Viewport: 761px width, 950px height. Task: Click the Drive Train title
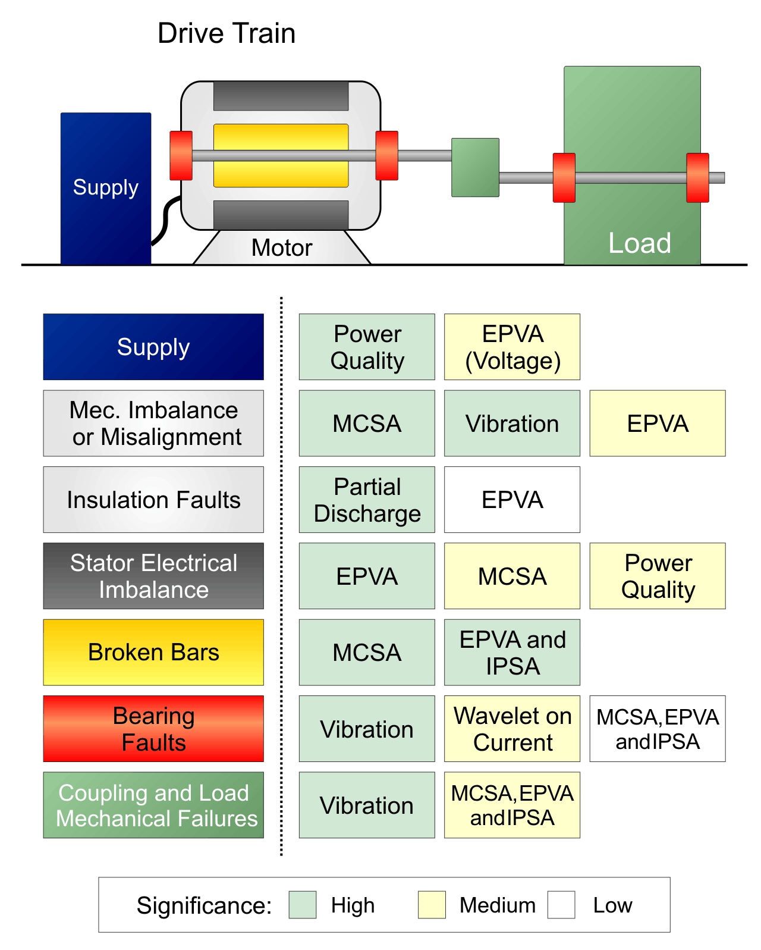[x=226, y=33]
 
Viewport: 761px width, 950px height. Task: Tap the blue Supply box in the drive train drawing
[x=105, y=188]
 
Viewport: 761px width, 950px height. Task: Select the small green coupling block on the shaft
[x=475, y=168]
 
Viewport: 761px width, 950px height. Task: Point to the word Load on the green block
[x=639, y=243]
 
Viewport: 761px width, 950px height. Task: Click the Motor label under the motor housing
[x=281, y=248]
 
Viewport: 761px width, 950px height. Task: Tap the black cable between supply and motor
[x=165, y=221]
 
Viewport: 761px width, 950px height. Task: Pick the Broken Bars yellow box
[x=153, y=653]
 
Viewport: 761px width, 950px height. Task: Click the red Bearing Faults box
[x=153, y=729]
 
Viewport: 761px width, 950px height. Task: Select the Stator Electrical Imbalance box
[x=153, y=576]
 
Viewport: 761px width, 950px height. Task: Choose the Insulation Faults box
[x=153, y=500]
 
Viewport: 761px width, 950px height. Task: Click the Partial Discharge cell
[x=367, y=500]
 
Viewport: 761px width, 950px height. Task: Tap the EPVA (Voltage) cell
[x=512, y=347]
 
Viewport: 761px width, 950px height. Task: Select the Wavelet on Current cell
[x=512, y=729]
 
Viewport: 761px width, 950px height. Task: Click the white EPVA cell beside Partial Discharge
[x=512, y=500]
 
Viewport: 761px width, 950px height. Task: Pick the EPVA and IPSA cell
[x=512, y=653]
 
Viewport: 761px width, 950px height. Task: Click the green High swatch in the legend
[x=302, y=905]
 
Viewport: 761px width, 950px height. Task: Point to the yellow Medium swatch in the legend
[x=432, y=905]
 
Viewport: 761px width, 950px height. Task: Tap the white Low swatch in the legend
[x=561, y=905]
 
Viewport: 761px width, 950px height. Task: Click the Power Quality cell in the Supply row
[x=367, y=347]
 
